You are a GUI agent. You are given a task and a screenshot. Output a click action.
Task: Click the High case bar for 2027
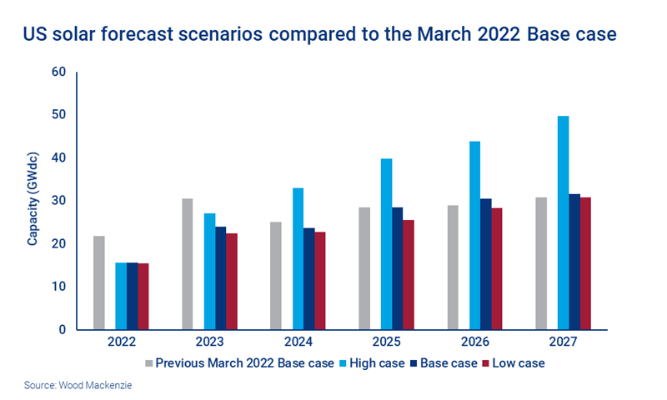564,222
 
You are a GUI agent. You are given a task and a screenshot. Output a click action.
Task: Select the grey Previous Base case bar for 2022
99,282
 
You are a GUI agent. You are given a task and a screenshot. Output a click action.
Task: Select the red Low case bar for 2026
498,268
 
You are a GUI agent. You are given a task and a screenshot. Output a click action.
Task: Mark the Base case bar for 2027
575,262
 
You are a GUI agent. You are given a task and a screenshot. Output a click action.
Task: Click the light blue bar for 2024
298,258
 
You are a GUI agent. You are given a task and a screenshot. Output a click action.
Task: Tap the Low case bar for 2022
143,296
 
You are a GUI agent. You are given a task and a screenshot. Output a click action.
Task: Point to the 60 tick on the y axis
58,72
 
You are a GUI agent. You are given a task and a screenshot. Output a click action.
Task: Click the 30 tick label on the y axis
58,201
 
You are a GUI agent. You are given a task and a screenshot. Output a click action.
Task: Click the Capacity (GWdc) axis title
33,201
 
